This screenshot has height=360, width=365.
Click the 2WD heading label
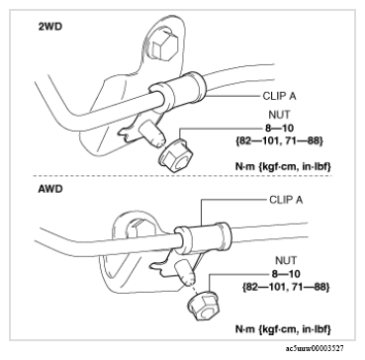tap(50, 27)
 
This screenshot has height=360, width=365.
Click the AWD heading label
tap(50, 190)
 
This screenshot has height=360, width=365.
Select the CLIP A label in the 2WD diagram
tap(279, 96)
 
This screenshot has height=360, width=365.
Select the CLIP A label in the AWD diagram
tap(286, 200)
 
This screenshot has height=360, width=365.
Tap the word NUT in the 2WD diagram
tap(280, 115)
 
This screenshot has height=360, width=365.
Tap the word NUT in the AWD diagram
tap(286, 260)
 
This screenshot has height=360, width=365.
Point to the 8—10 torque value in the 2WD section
tap(280, 128)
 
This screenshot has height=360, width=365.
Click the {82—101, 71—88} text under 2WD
tap(279, 141)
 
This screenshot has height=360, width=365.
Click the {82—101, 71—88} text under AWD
tap(286, 287)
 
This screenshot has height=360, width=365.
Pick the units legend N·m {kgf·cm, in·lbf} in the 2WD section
tap(283, 167)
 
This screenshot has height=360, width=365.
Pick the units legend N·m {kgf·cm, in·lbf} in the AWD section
tap(283, 328)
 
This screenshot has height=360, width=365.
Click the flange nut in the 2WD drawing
tap(174, 155)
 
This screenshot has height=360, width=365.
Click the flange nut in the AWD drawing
tap(202, 305)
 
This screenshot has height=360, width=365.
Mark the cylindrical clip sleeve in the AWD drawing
tap(202, 238)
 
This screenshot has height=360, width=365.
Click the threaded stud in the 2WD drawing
tap(151, 135)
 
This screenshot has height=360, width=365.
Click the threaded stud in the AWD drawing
tap(186, 273)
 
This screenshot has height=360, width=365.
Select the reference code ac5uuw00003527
tap(315, 348)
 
